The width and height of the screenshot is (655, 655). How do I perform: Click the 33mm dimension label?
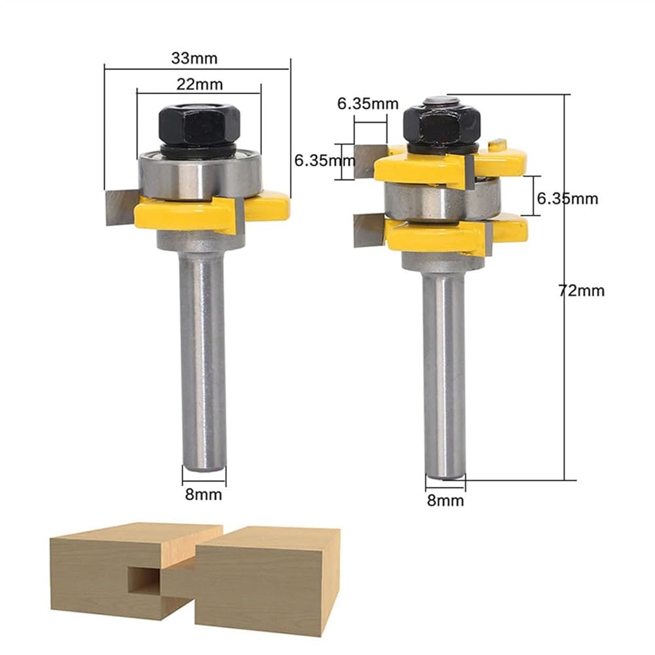(x=195, y=58)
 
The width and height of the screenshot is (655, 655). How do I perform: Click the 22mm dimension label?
(x=199, y=84)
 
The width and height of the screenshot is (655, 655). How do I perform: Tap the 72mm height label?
(x=582, y=290)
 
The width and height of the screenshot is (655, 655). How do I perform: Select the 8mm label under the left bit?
(x=204, y=495)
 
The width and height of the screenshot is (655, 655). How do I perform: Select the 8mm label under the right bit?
(x=445, y=500)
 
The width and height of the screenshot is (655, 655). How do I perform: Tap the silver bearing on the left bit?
(x=200, y=175)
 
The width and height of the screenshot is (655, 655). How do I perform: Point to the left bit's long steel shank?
(x=203, y=362)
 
